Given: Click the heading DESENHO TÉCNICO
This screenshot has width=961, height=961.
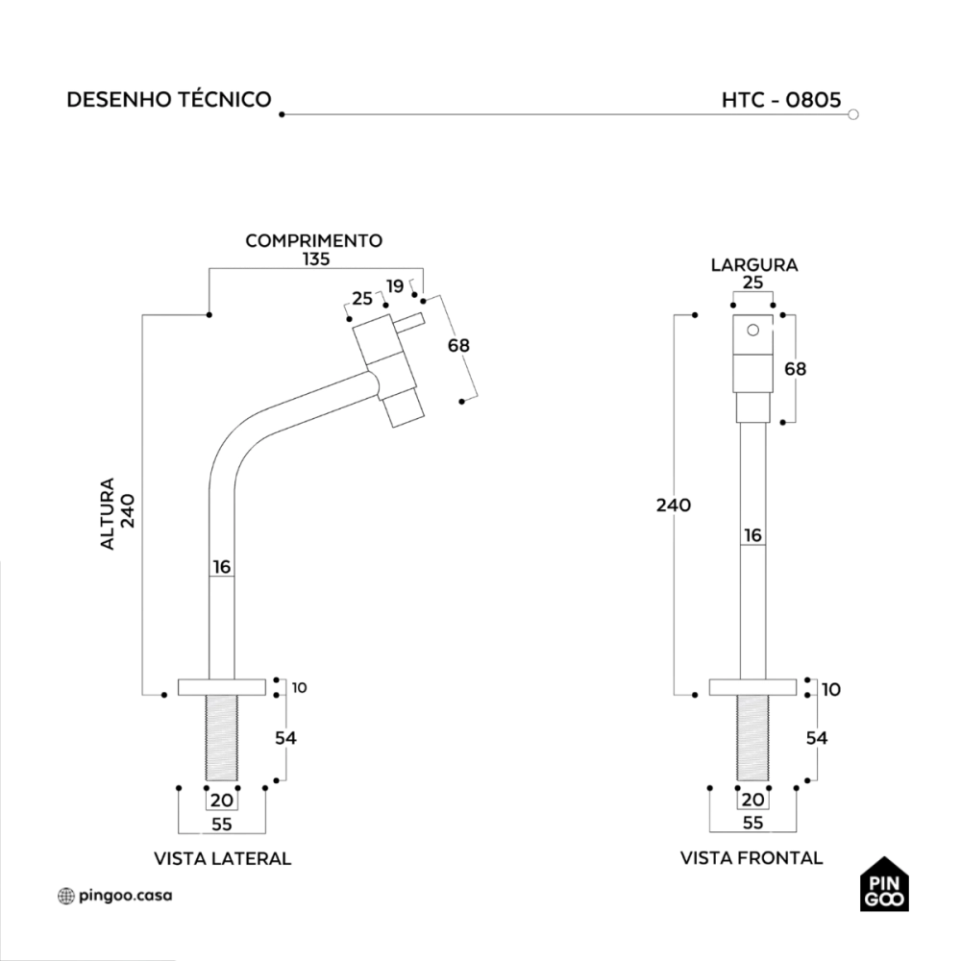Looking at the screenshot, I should pos(169,100).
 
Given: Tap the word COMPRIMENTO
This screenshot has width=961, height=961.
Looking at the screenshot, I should pos(314,240).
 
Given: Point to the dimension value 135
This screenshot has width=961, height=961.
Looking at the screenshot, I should pos(315,259).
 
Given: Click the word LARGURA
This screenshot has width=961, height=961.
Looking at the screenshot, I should pos(754,264).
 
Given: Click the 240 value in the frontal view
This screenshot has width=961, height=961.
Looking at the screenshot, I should pos(673,505).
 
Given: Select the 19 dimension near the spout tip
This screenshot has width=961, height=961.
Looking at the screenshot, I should pos(395,285).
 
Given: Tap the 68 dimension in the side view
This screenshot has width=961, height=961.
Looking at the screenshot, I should pos(459,345).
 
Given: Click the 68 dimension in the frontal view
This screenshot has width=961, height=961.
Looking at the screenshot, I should pos(796,368).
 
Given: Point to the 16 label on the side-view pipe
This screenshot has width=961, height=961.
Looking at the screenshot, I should pos(222,567).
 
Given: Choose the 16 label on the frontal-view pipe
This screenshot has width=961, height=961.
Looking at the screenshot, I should pos(753,535).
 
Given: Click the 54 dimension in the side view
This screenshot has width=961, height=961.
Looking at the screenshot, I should pos(286,738).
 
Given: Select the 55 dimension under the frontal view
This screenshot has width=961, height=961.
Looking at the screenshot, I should pos(753,823).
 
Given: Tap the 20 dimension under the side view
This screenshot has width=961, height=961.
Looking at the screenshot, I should pos(222,800).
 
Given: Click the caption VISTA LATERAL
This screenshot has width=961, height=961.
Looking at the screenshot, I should pos(222,858).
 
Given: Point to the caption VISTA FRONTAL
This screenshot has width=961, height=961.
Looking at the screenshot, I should pos(751,858).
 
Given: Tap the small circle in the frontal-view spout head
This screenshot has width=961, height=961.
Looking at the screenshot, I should pos(752,331).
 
